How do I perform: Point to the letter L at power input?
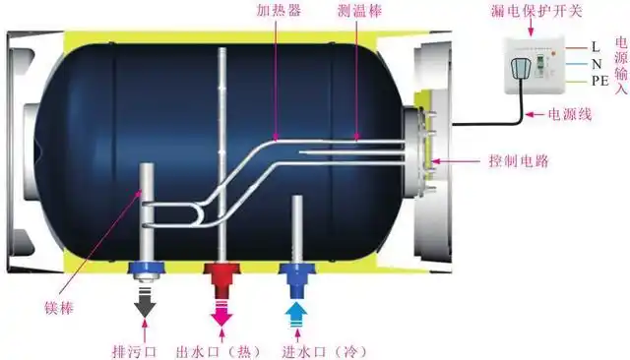(596, 46)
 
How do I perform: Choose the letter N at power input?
(596, 64)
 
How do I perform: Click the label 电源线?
(570, 115)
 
